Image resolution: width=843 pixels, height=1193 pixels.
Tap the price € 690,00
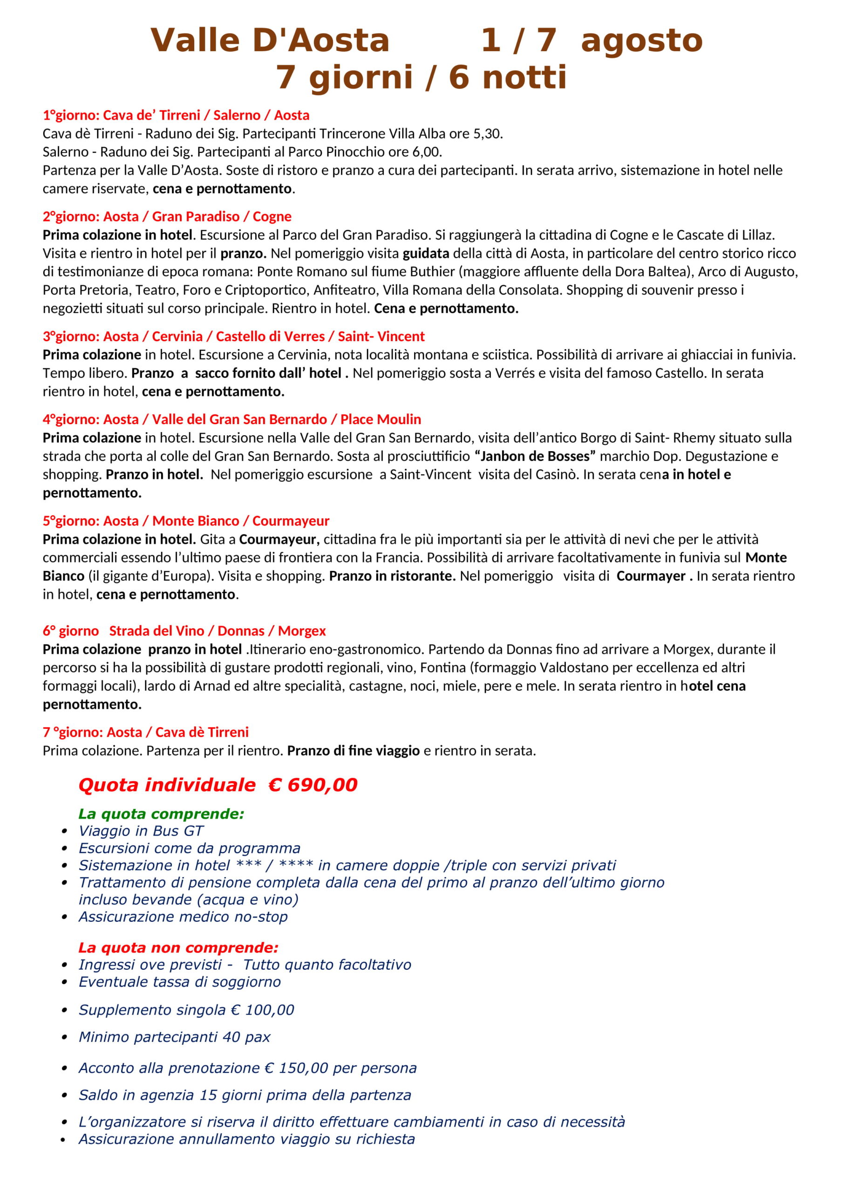[313, 785]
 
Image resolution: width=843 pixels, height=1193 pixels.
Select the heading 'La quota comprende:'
[161, 814]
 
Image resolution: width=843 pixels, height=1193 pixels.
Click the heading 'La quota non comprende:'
[178, 947]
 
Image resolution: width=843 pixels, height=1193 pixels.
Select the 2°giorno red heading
[167, 216]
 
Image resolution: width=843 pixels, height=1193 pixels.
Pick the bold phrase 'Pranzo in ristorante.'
[392, 576]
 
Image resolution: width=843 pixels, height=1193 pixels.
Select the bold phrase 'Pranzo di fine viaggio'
[353, 750]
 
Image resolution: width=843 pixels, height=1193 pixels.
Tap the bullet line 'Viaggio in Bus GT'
[141, 831]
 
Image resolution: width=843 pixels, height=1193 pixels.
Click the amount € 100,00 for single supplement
[262, 1009]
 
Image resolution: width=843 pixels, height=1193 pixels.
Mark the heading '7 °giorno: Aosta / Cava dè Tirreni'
[145, 732]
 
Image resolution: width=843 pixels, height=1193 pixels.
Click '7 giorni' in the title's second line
[344, 78]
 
